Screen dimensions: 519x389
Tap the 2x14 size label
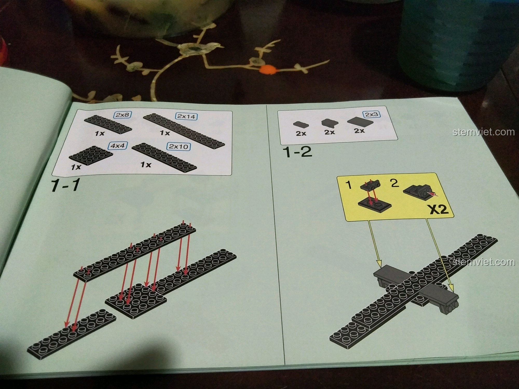pyautogui.click(x=186, y=116)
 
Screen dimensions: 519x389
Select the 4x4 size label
pyautogui.click(x=119, y=145)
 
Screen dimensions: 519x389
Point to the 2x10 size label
pyautogui.click(x=178, y=147)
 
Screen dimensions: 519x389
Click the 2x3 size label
pyautogui.click(x=371, y=115)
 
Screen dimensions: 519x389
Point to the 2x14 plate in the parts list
pyautogui.click(x=185, y=130)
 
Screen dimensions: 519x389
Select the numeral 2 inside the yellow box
pyautogui.click(x=394, y=183)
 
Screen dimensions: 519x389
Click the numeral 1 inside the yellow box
pyautogui.click(x=350, y=185)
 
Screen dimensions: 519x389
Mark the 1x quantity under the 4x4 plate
pyautogui.click(x=76, y=167)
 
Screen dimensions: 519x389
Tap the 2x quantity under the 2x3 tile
pyautogui.click(x=359, y=131)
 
